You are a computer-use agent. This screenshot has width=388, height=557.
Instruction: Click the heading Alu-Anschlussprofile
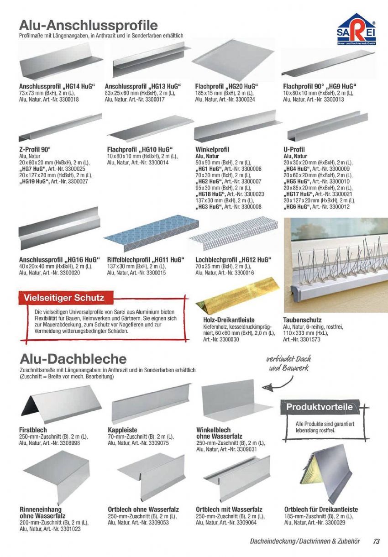pos(89,25)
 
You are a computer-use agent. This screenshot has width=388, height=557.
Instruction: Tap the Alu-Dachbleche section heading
pos(73,359)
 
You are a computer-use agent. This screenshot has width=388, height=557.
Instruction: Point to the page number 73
pos(376,541)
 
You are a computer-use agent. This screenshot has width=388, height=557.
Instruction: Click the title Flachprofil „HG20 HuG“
pos(226,86)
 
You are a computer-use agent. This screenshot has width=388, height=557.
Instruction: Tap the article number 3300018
pos(67,99)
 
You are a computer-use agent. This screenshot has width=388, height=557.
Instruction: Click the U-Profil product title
pos(294,150)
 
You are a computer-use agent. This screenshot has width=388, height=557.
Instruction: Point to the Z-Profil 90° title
pos(35,150)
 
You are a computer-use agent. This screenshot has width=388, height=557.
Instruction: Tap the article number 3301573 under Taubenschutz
pos(308,340)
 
